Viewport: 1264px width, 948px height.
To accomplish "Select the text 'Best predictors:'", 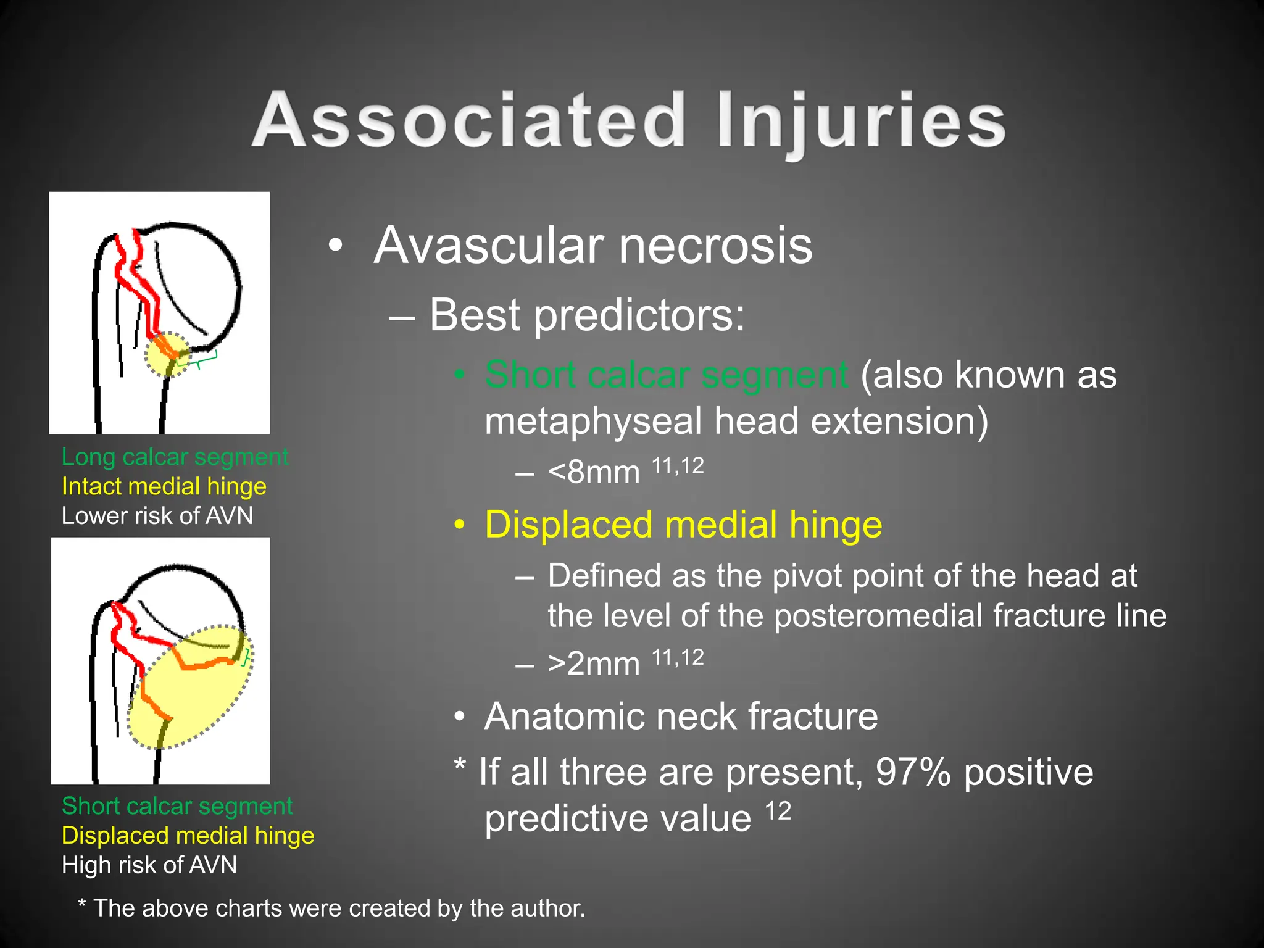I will click(x=587, y=315).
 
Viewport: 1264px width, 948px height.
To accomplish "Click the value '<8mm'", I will click(x=594, y=473).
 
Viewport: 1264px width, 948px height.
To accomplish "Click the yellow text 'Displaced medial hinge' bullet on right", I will click(x=683, y=525).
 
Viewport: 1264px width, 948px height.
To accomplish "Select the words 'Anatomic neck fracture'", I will click(x=681, y=717).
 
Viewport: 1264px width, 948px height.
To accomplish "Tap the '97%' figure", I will click(x=913, y=772).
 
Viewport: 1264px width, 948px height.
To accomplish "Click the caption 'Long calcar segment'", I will click(x=175, y=457).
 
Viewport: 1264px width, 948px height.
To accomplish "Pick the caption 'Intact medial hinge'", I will click(x=164, y=487).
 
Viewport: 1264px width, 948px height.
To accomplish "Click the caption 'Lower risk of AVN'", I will click(x=157, y=516).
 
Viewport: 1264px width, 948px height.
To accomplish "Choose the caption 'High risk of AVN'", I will click(x=149, y=865).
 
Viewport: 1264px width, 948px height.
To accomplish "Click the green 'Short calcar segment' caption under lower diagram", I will click(x=177, y=807).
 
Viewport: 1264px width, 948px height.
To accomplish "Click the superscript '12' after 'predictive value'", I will click(x=778, y=811).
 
